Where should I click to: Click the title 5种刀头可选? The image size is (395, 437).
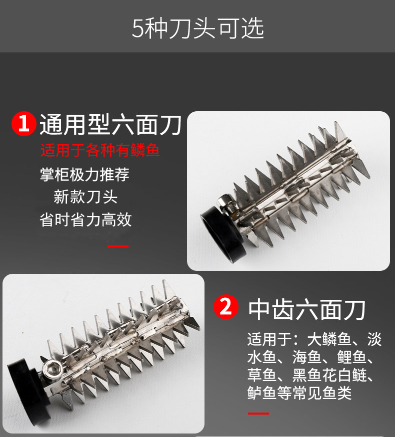198,28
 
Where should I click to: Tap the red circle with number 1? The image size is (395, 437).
23,124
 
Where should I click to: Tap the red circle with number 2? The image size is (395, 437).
225,307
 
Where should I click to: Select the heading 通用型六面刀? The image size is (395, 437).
110,125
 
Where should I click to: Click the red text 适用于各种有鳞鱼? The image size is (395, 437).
100,150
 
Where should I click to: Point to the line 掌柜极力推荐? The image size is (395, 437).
84,175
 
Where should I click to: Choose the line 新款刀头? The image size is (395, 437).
85,197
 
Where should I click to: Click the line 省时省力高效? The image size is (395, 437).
85,219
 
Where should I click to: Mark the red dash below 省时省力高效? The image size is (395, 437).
118,246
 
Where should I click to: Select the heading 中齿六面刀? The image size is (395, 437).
306,310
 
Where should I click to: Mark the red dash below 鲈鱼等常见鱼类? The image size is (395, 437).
258,414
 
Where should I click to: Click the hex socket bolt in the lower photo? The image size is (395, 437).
53,369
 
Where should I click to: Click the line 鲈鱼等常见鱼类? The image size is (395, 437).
299,393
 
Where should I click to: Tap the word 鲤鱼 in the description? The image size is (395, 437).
351,357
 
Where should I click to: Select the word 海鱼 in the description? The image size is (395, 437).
306,357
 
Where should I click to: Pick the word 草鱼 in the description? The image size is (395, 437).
262,375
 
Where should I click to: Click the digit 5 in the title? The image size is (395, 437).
137,29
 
